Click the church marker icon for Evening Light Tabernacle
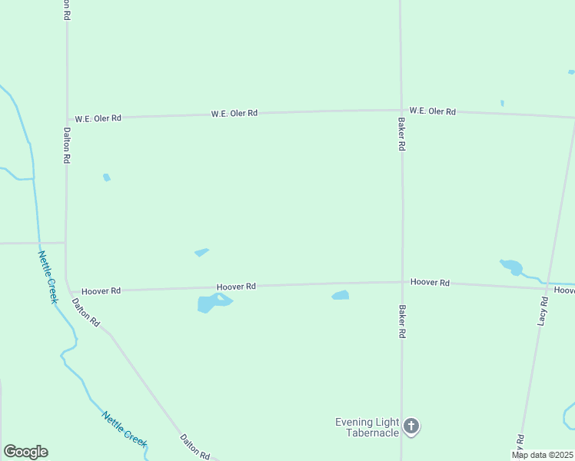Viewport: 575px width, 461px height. pyautogui.click(x=411, y=426)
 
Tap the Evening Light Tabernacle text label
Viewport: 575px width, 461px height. pyautogui.click(x=367, y=427)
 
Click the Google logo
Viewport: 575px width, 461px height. pyautogui.click(x=25, y=452)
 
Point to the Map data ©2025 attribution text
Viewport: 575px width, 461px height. pyautogui.click(x=542, y=455)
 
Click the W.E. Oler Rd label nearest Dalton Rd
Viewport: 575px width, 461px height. pyautogui.click(x=98, y=118)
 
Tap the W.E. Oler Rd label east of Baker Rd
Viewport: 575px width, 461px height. pyautogui.click(x=432, y=111)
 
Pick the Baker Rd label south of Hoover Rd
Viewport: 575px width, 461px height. pyautogui.click(x=401, y=323)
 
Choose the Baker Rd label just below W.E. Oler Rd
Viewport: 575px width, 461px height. pyautogui.click(x=401, y=134)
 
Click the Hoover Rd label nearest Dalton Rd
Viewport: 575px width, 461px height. pyautogui.click(x=101, y=291)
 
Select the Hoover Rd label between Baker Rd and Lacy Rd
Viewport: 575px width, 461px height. pyautogui.click(x=430, y=283)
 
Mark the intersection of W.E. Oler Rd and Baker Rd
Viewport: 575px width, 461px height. pyautogui.click(x=401, y=111)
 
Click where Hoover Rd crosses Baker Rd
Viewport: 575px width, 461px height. pyautogui.click(x=401, y=282)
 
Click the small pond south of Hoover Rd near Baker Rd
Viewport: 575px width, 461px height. pyautogui.click(x=340, y=295)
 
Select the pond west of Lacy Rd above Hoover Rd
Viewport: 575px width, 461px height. pyautogui.click(x=511, y=267)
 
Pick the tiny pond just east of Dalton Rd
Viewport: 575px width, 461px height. pyautogui.click(x=107, y=177)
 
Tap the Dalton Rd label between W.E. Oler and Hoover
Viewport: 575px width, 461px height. pyautogui.click(x=67, y=146)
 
